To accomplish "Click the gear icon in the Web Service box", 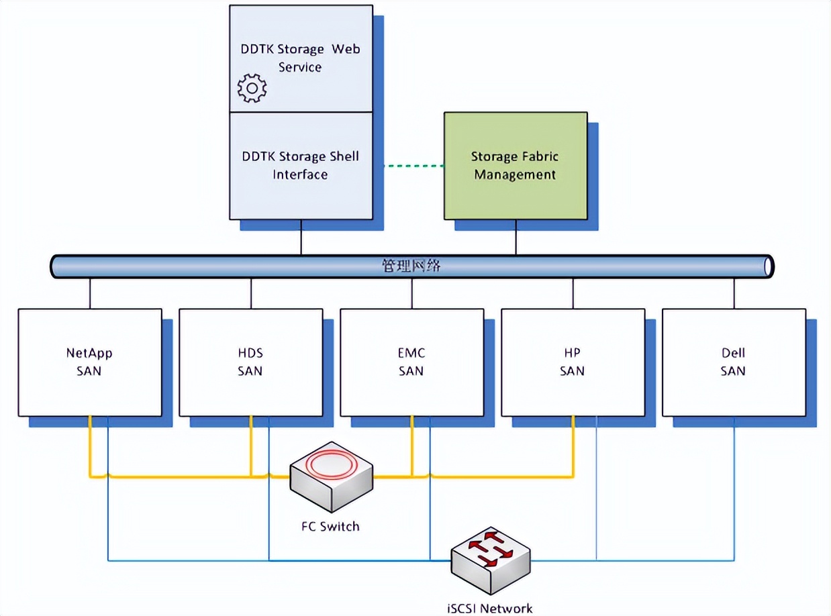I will (x=252, y=88).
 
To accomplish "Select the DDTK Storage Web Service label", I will (x=300, y=58).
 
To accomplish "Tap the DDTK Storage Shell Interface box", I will (x=300, y=166).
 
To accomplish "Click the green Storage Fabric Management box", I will (x=515, y=166).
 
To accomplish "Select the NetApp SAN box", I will (x=89, y=362).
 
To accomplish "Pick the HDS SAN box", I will (x=250, y=362).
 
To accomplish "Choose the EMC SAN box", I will (x=411, y=362).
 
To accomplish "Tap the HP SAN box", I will (x=573, y=362).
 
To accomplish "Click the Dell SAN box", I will (x=733, y=362).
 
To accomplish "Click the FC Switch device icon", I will (x=331, y=477).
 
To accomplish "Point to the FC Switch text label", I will (x=330, y=526).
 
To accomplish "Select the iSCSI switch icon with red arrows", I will (x=491, y=558).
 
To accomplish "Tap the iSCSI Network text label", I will (x=490, y=608).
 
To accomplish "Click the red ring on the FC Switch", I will (x=330, y=464).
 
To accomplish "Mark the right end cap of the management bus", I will (x=769, y=266).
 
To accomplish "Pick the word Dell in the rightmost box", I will (x=733, y=353).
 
